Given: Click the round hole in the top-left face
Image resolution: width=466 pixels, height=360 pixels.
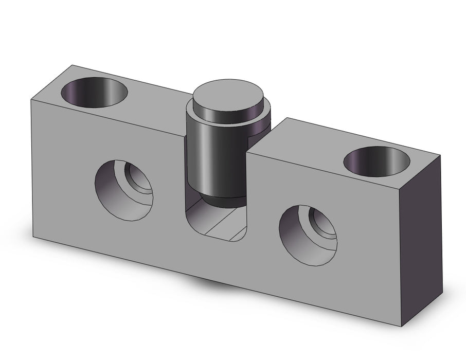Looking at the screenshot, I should click(94, 93).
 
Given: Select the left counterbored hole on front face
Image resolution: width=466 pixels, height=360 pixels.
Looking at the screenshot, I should click(124, 185).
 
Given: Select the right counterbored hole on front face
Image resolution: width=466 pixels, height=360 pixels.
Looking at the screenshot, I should click(308, 235).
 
